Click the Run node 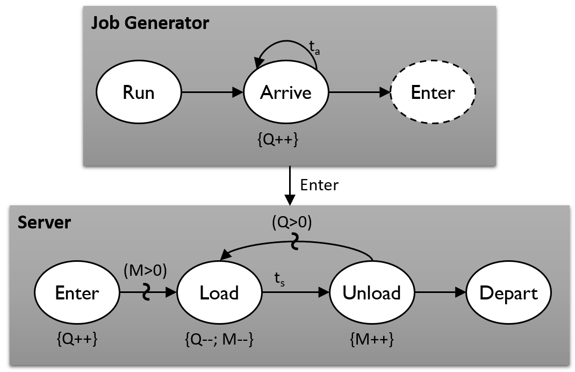pyautogui.click(x=139, y=92)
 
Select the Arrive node pyautogui.click(x=286, y=92)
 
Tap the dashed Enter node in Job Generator pyautogui.click(x=433, y=92)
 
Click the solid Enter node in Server pyautogui.click(x=77, y=293)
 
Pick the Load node pyautogui.click(x=219, y=293)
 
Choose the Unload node pyautogui.click(x=372, y=293)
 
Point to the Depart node pyautogui.click(x=508, y=293)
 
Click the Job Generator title pyautogui.click(x=149, y=23)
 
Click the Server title pyautogui.click(x=44, y=223)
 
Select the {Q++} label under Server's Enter pyautogui.click(x=76, y=339)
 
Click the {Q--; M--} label pyautogui.click(x=219, y=339)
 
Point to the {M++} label pyautogui.click(x=371, y=339)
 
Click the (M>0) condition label pyautogui.click(x=145, y=271)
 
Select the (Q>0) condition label pyautogui.click(x=291, y=221)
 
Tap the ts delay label pyautogui.click(x=279, y=279)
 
